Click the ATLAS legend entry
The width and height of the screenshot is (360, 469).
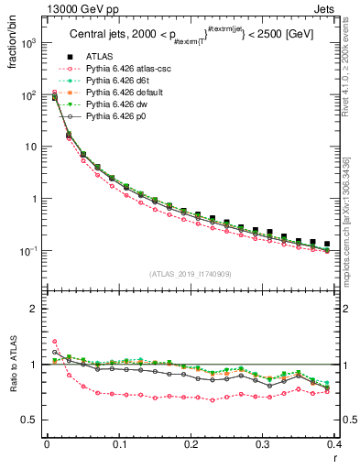click(x=100, y=57)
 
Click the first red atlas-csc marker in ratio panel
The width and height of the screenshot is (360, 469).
click(x=54, y=341)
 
